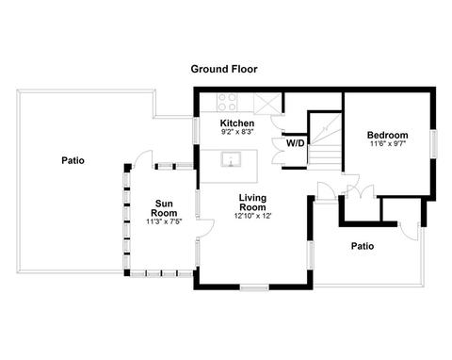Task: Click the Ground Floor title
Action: pyautogui.click(x=224, y=69)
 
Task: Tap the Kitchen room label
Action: pyautogui.click(x=237, y=123)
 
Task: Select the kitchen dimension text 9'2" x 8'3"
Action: pyautogui.click(x=237, y=132)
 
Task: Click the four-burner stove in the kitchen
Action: pyautogui.click(x=227, y=103)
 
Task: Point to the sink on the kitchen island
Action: pyautogui.click(x=231, y=159)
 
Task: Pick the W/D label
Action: pyautogui.click(x=296, y=143)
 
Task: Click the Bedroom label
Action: pyautogui.click(x=388, y=135)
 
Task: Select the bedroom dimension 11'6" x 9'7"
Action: pyautogui.click(x=388, y=144)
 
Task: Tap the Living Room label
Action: pyautogui.click(x=252, y=203)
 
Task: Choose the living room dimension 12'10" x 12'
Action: pyautogui.click(x=252, y=216)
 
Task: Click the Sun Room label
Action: pyautogui.click(x=164, y=208)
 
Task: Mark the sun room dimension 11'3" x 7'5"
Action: pyautogui.click(x=164, y=221)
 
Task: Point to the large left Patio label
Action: pyautogui.click(x=73, y=160)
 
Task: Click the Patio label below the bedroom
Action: pyautogui.click(x=363, y=246)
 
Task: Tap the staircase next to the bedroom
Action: pyautogui.click(x=325, y=140)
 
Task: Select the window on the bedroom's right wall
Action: pyautogui.click(x=433, y=144)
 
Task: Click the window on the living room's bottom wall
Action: pyautogui.click(x=254, y=287)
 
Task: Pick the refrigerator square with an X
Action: pyautogui.click(x=266, y=103)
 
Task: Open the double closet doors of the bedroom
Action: pyautogui.click(x=361, y=191)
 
